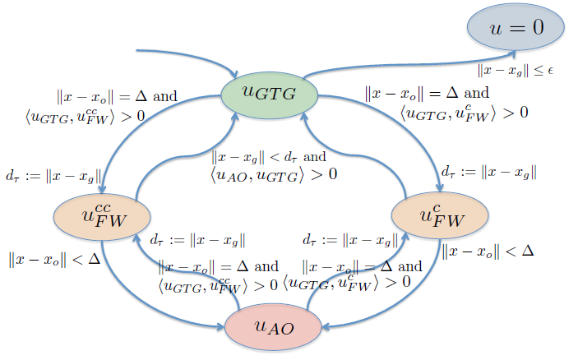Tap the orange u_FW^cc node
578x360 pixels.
(103, 215)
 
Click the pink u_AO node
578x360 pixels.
(272, 329)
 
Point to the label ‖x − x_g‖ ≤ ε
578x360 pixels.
(516, 71)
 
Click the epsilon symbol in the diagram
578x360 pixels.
(550, 72)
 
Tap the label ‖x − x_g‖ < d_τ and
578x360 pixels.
(269, 155)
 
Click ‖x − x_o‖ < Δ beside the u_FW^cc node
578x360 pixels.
(51, 260)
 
